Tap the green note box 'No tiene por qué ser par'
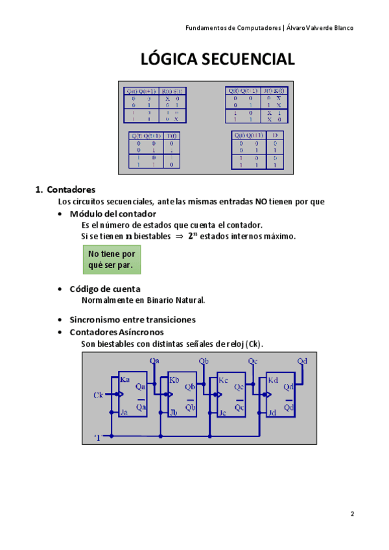111,260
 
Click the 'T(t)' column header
172,136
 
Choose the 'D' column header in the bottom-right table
276,135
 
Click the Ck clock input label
99,394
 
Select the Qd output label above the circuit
302,361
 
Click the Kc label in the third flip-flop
222,379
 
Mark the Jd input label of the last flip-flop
272,413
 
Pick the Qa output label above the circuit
154,361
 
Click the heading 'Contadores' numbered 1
71,190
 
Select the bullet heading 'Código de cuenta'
105,289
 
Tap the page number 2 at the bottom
353,514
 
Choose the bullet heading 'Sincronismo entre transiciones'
132,320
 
